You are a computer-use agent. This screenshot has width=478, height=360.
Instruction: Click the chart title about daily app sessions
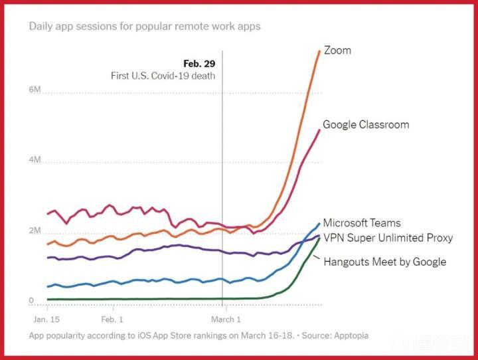click(145, 27)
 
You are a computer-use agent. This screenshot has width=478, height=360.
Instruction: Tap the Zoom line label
click(337, 50)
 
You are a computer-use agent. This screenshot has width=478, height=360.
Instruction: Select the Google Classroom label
click(366, 124)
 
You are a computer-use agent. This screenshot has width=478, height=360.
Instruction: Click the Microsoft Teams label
click(362, 223)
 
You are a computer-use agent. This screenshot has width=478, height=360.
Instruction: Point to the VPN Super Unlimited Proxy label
click(388, 238)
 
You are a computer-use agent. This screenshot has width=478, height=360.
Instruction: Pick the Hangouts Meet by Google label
click(384, 262)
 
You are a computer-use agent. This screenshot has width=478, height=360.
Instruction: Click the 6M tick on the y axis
click(35, 90)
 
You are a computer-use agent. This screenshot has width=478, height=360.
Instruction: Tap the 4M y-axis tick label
click(35, 161)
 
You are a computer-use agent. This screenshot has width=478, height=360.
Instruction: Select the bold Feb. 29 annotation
click(200, 64)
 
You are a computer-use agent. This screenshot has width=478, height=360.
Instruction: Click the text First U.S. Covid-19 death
click(163, 76)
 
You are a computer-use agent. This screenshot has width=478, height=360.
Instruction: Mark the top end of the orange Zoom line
click(319, 51)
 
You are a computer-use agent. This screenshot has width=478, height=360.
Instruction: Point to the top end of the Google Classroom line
click(319, 130)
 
